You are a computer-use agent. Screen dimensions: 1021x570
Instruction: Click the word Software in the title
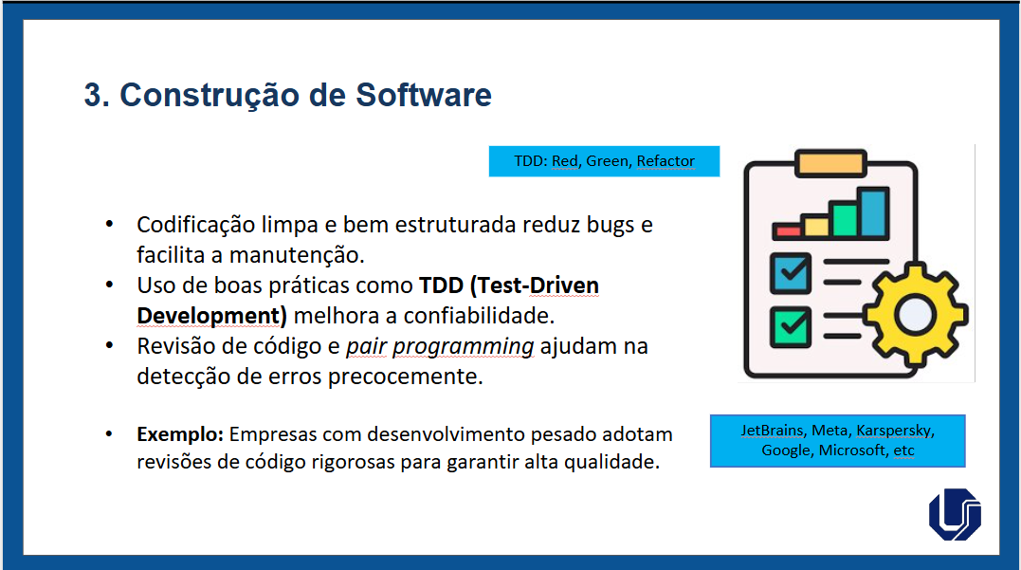click(423, 95)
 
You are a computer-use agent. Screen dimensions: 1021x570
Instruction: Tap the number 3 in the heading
click(93, 95)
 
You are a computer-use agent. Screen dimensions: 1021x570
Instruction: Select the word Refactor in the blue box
click(665, 161)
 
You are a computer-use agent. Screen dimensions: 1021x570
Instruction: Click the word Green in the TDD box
click(607, 161)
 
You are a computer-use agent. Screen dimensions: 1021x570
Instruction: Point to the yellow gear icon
click(916, 315)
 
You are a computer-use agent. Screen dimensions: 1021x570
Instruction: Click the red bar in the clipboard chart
click(788, 230)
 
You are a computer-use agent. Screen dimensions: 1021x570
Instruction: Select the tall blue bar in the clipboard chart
click(874, 212)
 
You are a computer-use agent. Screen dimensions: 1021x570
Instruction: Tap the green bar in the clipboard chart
click(845, 219)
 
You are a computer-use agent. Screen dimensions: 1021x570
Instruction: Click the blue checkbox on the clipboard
click(791, 273)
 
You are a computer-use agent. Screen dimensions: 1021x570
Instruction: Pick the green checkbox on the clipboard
click(791, 326)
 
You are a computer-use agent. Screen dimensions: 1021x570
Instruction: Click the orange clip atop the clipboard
click(830, 163)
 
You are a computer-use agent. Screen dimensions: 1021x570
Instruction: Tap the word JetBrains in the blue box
click(773, 431)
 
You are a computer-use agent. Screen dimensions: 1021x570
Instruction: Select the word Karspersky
click(895, 431)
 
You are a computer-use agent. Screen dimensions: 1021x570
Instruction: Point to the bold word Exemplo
click(180, 434)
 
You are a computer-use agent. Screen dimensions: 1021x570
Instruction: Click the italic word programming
click(463, 346)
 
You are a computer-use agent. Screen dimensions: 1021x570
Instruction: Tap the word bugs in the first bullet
click(611, 226)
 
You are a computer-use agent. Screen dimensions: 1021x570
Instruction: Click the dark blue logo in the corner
click(956, 514)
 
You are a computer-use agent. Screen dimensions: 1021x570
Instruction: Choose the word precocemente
click(405, 377)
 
